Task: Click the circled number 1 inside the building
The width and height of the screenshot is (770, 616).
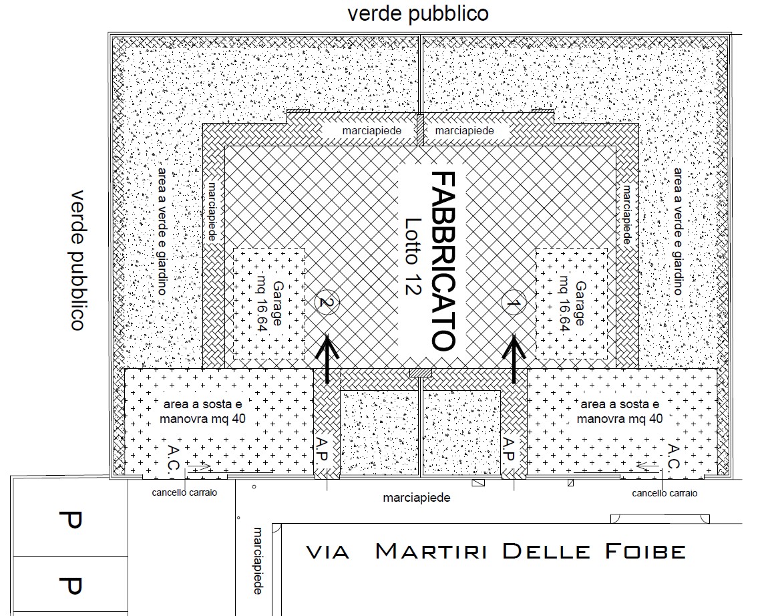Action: (513, 304)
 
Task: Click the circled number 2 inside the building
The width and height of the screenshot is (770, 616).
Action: (327, 301)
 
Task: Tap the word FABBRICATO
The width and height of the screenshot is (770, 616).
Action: (443, 261)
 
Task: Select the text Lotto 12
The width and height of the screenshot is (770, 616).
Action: (413, 257)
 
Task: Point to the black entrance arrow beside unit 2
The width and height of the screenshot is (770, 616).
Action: (327, 359)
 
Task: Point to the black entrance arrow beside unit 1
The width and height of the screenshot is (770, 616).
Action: (514, 359)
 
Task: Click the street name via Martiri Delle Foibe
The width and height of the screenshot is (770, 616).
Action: (496, 552)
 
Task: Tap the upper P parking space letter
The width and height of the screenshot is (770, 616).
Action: (70, 520)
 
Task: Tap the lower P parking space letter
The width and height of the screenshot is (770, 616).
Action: (70, 585)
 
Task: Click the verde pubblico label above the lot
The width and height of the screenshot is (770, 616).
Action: (418, 13)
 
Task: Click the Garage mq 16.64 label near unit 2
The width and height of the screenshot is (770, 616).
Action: (270, 303)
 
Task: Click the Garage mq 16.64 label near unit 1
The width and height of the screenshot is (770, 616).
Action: (572, 303)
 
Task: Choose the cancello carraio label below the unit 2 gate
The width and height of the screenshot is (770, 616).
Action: (184, 492)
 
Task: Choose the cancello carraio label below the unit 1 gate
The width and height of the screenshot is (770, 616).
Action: (664, 492)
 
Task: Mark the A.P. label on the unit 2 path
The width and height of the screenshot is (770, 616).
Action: (322, 449)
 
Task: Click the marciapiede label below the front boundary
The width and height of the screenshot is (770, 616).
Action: (417, 498)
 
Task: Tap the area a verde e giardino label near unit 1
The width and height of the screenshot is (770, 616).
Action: (678, 231)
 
